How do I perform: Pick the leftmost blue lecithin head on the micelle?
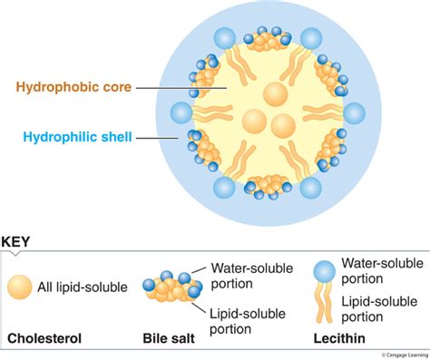(181, 113)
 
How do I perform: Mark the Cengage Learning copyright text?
(405, 355)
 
